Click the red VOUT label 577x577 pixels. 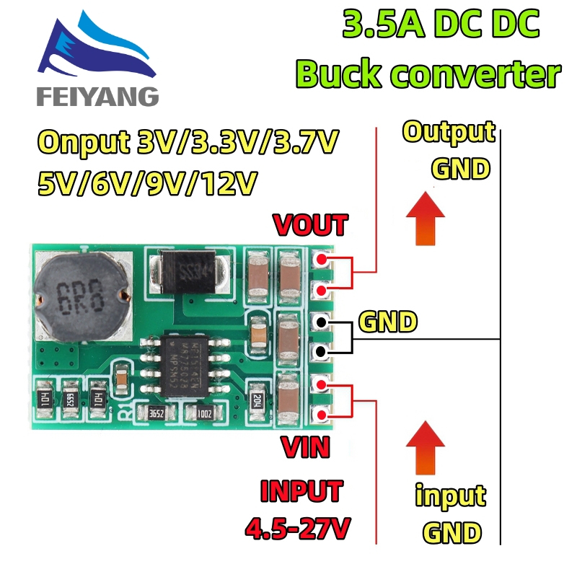point(310,225)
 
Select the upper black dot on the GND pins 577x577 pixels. point(320,322)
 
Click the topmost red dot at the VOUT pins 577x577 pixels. point(320,260)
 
